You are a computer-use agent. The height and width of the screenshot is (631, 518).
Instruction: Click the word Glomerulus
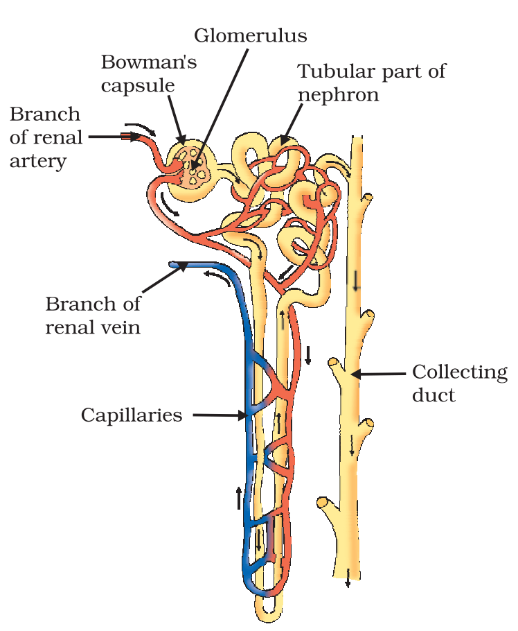point(250,35)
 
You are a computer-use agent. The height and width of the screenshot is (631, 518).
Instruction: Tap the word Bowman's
point(149,62)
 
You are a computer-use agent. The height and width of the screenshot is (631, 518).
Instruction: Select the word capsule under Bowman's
point(137,85)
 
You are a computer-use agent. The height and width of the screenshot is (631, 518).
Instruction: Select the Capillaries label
point(132,415)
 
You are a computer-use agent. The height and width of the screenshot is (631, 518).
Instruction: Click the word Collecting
point(460,372)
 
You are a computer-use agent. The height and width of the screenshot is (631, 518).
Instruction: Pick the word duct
point(434,395)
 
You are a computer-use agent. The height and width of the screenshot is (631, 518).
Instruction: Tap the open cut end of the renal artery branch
point(125,137)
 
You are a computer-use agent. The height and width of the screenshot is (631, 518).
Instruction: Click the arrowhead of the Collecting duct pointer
point(355,374)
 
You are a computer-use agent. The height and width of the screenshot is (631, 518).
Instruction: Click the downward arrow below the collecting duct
point(348,581)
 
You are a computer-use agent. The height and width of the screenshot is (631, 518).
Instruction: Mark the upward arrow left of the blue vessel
point(239,497)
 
